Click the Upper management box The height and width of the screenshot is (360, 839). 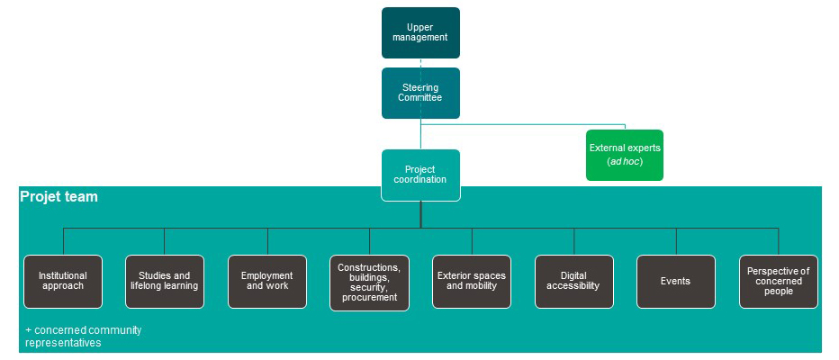tap(420, 33)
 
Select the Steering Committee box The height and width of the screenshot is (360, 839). tap(420, 93)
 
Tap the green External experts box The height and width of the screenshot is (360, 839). tap(625, 154)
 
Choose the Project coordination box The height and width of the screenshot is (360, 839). tap(420, 175)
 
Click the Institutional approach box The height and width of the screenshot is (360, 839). tap(62, 281)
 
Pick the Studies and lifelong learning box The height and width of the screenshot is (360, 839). tap(164, 281)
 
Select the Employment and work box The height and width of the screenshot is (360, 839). tap(267, 281)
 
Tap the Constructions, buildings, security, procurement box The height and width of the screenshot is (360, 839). tap(369, 282)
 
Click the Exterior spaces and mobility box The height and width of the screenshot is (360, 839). tap(472, 281)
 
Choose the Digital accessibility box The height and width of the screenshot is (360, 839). tap(573, 281)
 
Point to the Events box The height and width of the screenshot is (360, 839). tap(675, 281)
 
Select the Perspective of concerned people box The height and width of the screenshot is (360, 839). tap(778, 281)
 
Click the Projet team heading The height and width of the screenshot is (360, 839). tap(59, 196)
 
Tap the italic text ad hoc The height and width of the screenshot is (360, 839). tap(625, 161)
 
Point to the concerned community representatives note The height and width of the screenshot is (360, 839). tap(84, 337)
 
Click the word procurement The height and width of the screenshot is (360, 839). tap(369, 298)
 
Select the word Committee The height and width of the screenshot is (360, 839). tap(420, 97)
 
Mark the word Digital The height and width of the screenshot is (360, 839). tap(573, 275)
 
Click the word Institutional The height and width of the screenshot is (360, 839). tap(62, 275)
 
